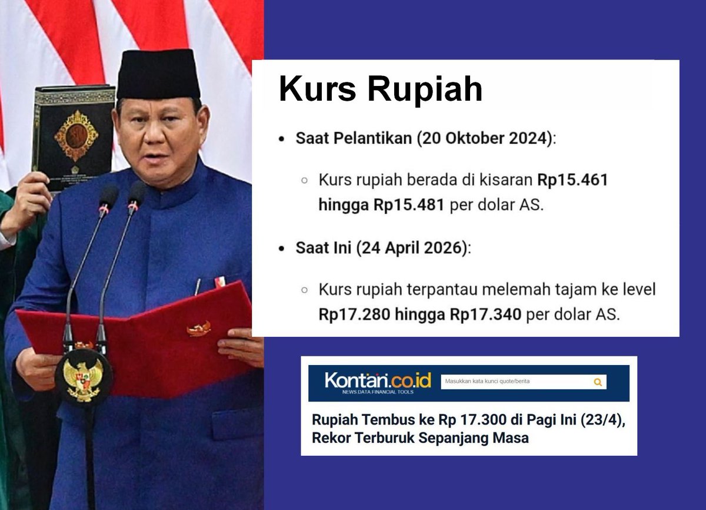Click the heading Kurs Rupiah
(x=380, y=89)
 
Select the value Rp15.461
(x=572, y=180)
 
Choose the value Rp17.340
(x=486, y=314)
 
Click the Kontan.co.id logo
(x=377, y=381)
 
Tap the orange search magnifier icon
(x=598, y=382)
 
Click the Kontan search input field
(x=512, y=382)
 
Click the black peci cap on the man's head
(x=158, y=75)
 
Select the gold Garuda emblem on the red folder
(x=199, y=328)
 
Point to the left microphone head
(x=108, y=198)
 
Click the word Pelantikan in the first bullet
(x=348, y=140)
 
